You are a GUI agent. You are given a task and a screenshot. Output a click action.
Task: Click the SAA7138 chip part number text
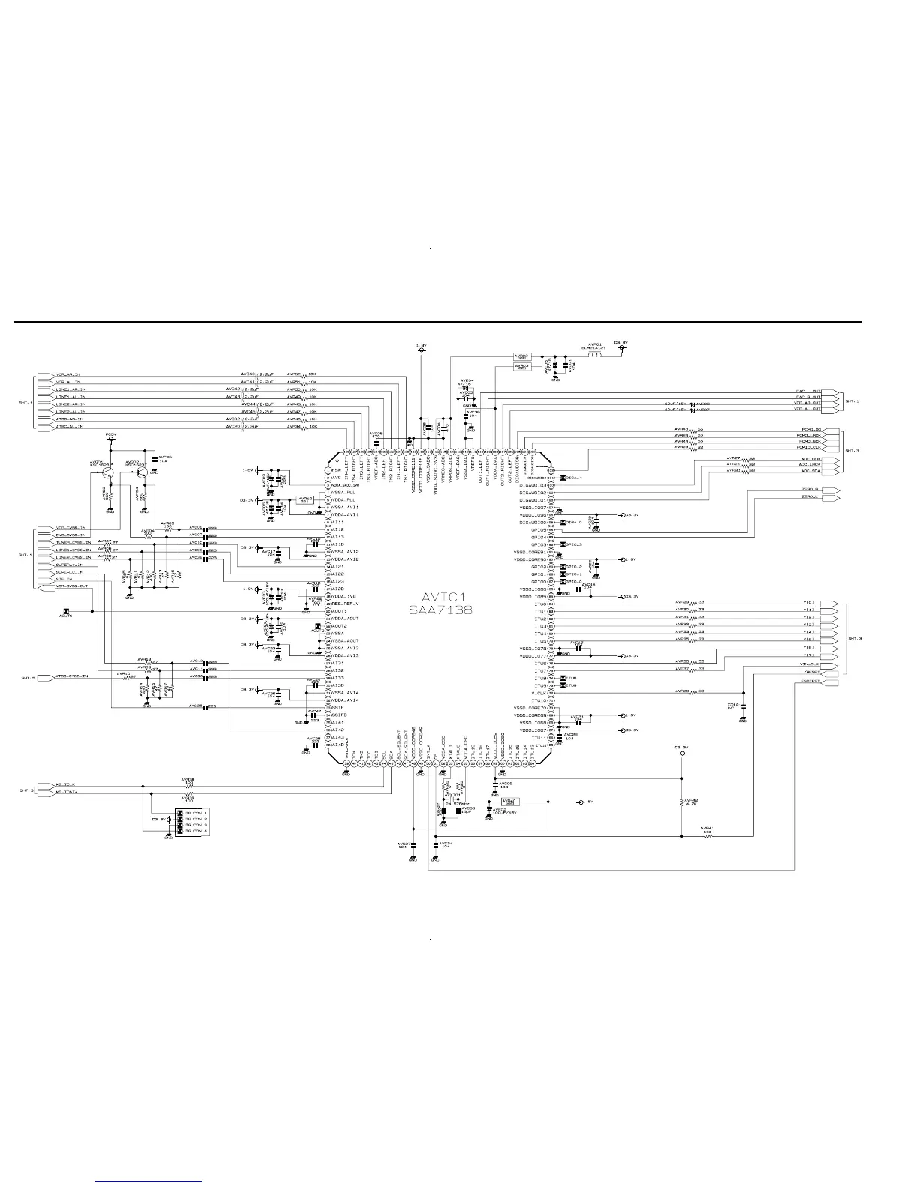pyautogui.click(x=440, y=610)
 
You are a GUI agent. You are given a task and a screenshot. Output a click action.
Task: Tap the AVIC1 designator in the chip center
pyautogui.click(x=440, y=597)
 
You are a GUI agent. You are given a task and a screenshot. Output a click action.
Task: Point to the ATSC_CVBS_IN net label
pyautogui.click(x=71, y=676)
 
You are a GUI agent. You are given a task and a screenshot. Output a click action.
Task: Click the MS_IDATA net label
pyautogui.click(x=67, y=792)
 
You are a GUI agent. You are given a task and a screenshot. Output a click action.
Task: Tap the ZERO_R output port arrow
pyautogui.click(x=831, y=490)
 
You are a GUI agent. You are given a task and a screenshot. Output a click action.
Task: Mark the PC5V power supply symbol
pyautogui.click(x=110, y=439)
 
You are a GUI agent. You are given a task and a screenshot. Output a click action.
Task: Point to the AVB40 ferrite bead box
pyautogui.click(x=510, y=802)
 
